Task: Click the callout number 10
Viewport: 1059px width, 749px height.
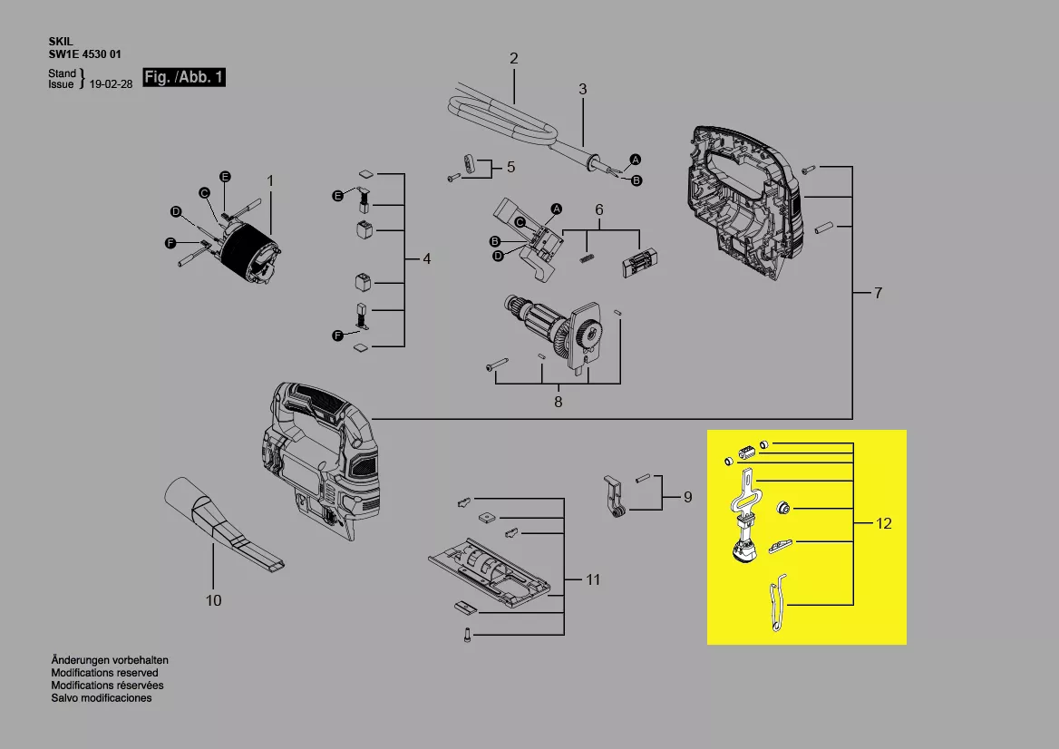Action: pos(213,599)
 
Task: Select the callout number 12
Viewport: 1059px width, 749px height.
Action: pos(883,523)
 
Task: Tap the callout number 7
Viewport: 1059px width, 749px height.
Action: pos(878,293)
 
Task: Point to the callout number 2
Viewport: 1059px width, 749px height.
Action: pos(514,59)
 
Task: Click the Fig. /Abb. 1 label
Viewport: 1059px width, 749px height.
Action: pos(184,77)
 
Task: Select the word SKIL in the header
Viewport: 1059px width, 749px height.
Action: pos(61,42)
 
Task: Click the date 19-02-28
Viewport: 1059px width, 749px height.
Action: pos(111,84)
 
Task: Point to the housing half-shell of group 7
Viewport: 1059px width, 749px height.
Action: pos(745,202)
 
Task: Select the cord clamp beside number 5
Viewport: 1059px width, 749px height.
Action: pos(471,164)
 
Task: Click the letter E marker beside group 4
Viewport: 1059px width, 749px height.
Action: pos(337,196)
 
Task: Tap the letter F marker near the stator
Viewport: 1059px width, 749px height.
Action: pos(170,243)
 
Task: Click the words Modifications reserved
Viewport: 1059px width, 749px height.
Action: pos(104,673)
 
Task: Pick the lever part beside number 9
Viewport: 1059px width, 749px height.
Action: pos(614,496)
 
